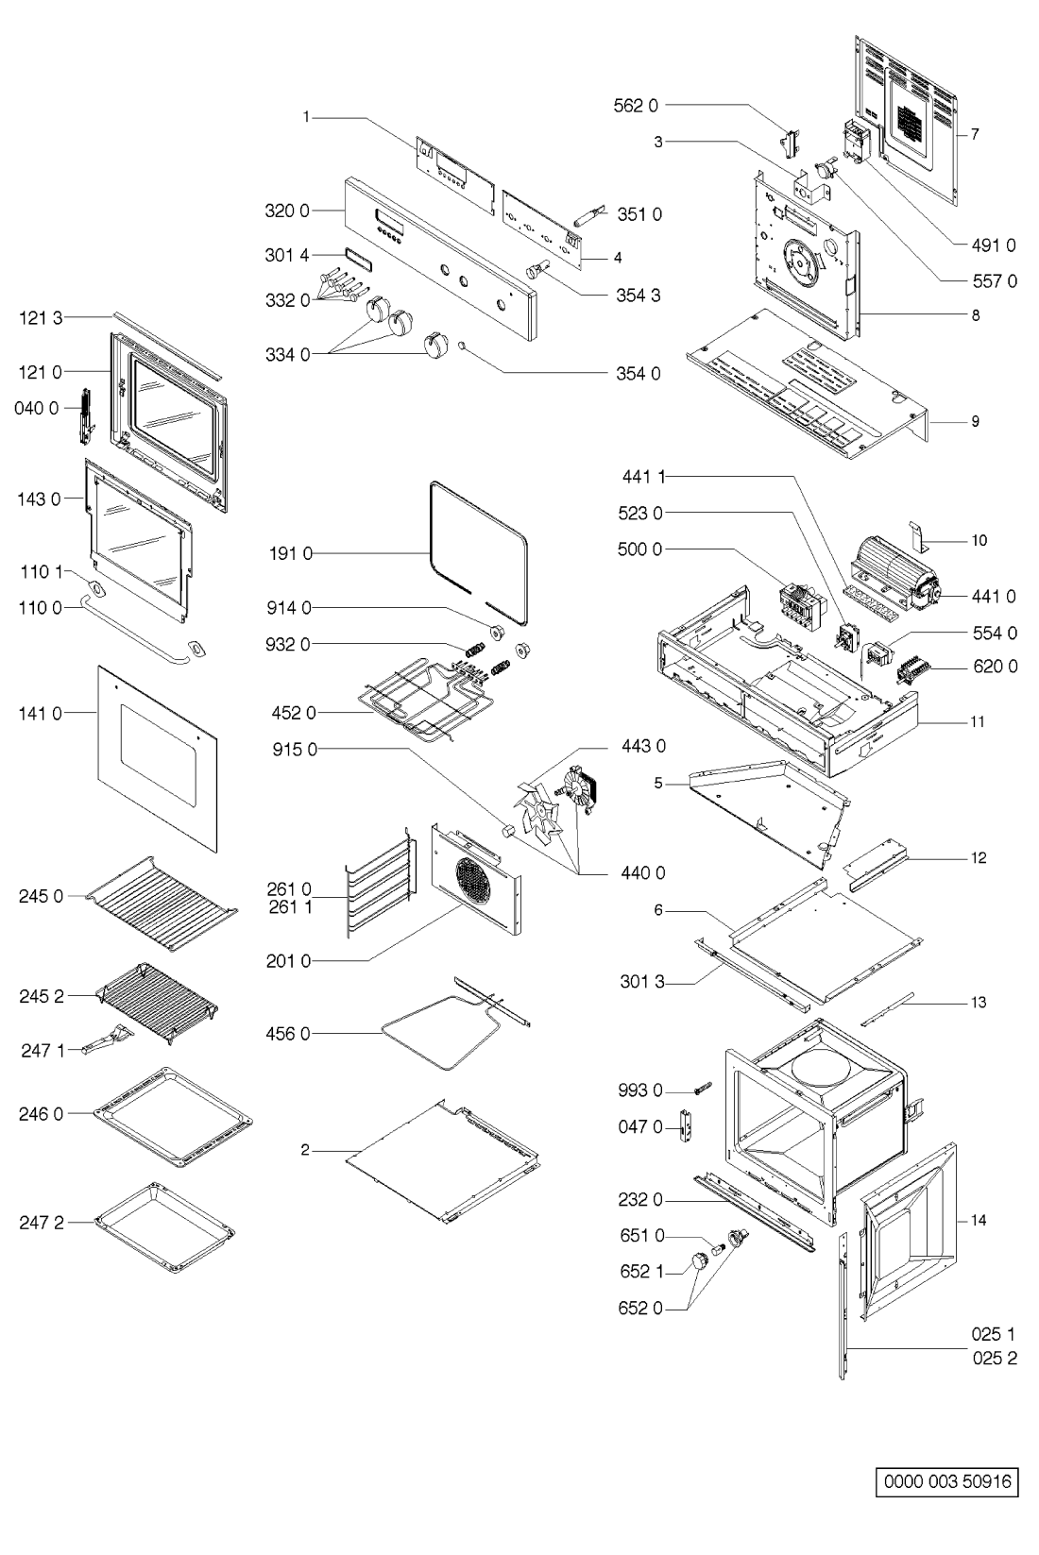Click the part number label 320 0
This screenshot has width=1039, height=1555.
point(286,211)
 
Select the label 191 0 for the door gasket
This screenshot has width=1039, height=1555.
point(290,553)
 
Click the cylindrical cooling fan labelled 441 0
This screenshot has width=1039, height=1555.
point(894,570)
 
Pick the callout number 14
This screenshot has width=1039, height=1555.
point(979,1220)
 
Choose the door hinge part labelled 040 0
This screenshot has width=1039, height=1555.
point(87,416)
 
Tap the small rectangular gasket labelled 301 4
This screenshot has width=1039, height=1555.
point(358,256)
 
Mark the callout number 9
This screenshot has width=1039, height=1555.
point(975,421)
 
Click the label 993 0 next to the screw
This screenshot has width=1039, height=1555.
point(640,1090)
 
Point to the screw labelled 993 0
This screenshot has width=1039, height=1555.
point(701,1089)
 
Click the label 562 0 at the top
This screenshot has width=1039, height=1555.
point(637,106)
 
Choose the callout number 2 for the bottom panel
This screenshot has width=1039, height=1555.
point(305,1150)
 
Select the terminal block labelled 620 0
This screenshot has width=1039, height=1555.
point(912,668)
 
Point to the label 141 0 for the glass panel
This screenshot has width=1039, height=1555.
point(40,714)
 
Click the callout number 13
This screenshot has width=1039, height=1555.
point(979,1002)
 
